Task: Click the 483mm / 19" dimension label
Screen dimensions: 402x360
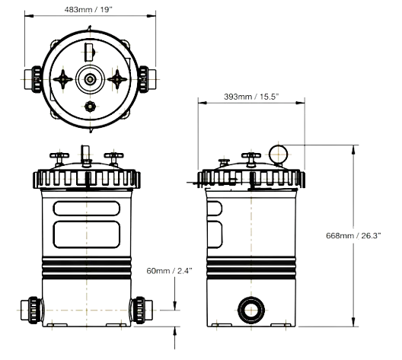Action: (88, 10)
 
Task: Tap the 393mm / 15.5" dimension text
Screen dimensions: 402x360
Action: (251, 97)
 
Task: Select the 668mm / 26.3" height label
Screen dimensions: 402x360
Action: (353, 235)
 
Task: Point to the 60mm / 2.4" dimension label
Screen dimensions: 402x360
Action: (170, 271)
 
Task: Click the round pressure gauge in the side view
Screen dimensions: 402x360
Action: (278, 155)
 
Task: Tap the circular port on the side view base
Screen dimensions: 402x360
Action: (251, 310)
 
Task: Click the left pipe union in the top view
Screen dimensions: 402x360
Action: (33, 79)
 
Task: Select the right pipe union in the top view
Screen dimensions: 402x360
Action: (147, 79)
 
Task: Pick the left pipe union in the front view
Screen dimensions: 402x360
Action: (32, 310)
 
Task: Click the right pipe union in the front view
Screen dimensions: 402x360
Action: (142, 310)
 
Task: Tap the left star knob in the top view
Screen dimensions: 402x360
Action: (62, 79)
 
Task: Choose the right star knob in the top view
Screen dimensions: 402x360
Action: (117, 79)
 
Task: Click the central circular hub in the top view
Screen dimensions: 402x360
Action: (90, 79)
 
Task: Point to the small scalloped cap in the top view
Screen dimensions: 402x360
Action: (90, 107)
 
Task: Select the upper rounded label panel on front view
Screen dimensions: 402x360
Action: (86, 209)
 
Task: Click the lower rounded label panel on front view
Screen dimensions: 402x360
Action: (86, 234)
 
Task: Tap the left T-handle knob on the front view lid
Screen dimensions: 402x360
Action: (59, 159)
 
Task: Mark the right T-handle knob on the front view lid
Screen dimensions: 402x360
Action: (113, 159)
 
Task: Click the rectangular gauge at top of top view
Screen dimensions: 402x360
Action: (90, 53)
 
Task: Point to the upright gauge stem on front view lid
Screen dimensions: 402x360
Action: (86, 156)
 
